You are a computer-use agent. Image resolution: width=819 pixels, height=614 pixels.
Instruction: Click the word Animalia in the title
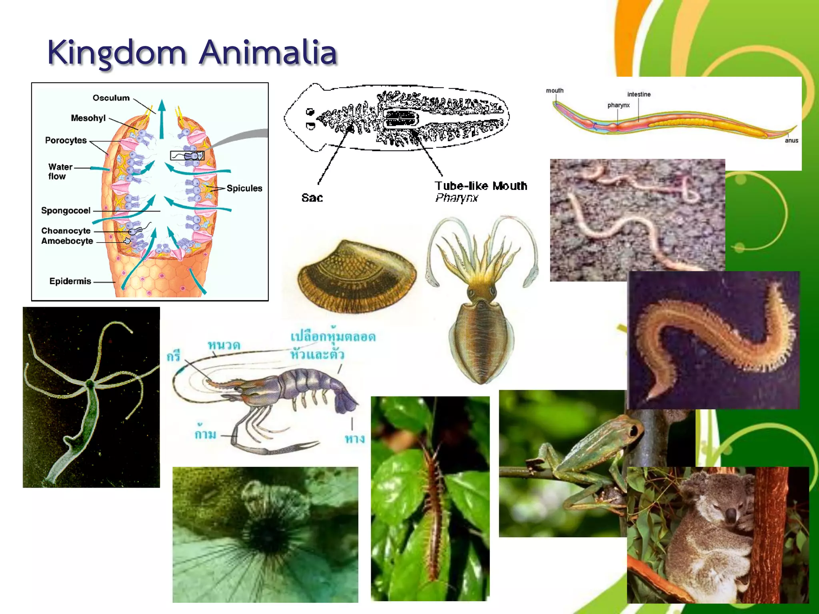coord(268,53)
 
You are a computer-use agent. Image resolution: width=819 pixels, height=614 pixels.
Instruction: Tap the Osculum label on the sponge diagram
coord(111,98)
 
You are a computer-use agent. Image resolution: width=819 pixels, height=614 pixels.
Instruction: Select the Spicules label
coord(244,188)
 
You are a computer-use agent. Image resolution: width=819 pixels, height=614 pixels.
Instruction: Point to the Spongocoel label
coord(66,211)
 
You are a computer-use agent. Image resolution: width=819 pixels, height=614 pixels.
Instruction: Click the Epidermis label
coord(70,281)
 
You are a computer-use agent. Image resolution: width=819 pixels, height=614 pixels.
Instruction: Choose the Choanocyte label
coord(66,231)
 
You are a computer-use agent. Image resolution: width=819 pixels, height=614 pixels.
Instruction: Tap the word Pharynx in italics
coord(456,198)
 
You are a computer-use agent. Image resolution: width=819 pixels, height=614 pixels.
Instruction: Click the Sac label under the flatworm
coord(312,198)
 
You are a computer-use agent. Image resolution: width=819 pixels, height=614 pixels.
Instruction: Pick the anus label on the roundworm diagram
coord(791,141)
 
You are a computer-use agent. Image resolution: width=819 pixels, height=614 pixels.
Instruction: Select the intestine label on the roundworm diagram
coord(639,94)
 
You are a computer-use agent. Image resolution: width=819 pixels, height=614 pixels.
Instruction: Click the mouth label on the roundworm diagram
coord(555,91)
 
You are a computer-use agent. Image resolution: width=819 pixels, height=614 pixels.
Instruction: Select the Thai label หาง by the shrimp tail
coord(355,439)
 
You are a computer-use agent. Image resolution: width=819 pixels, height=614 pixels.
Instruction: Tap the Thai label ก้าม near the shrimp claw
coord(206,434)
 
